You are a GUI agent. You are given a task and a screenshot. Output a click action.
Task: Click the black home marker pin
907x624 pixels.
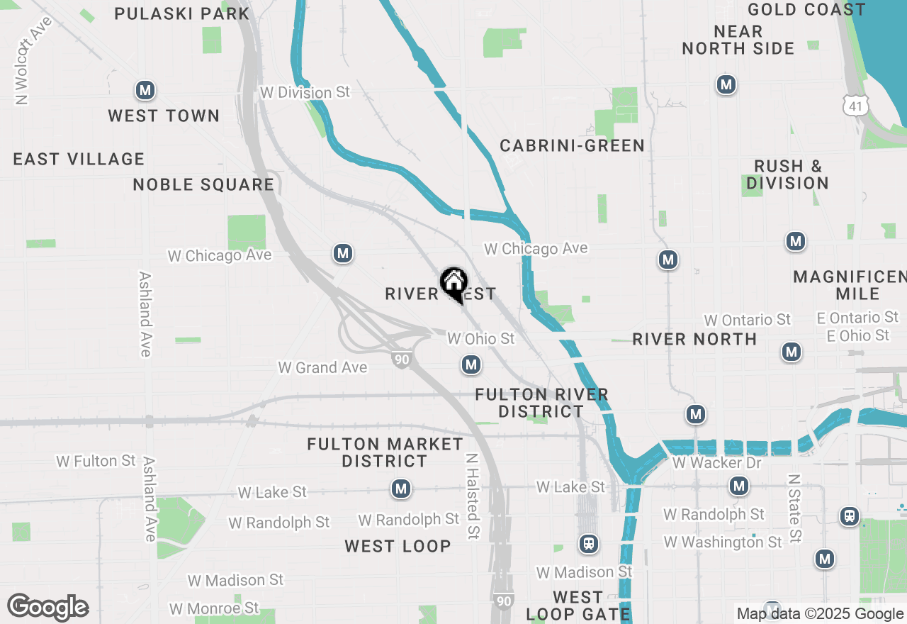(453, 284)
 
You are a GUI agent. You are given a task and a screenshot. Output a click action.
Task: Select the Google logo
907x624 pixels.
(47, 608)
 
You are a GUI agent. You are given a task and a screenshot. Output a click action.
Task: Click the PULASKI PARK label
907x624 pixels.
(182, 13)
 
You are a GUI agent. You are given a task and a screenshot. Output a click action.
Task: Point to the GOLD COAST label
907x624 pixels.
(806, 9)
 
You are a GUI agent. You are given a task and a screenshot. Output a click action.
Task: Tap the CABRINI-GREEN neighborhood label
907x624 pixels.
(573, 145)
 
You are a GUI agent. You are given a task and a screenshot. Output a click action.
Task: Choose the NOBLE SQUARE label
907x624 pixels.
(203, 184)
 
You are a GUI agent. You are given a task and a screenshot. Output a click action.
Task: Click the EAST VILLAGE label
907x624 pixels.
(79, 159)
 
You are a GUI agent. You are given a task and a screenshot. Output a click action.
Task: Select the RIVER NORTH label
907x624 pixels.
(695, 339)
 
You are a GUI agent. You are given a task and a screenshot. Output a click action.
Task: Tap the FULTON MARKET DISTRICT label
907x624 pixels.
(385, 452)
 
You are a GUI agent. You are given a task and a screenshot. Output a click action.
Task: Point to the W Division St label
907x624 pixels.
(305, 93)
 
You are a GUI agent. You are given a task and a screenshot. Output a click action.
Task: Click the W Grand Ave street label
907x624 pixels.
(322, 367)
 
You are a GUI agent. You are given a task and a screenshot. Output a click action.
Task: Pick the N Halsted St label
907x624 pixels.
(472, 496)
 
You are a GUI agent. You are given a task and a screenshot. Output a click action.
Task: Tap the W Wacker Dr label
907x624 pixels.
(716, 463)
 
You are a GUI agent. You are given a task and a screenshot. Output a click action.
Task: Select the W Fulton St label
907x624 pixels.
(96, 461)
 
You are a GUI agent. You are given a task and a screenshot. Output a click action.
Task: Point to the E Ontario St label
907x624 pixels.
(857, 318)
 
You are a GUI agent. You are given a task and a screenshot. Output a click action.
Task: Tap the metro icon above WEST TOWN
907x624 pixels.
(145, 90)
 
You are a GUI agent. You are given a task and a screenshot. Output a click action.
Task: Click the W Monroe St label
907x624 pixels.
(214, 608)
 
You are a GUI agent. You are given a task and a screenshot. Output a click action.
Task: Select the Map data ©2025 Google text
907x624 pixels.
(820, 614)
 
